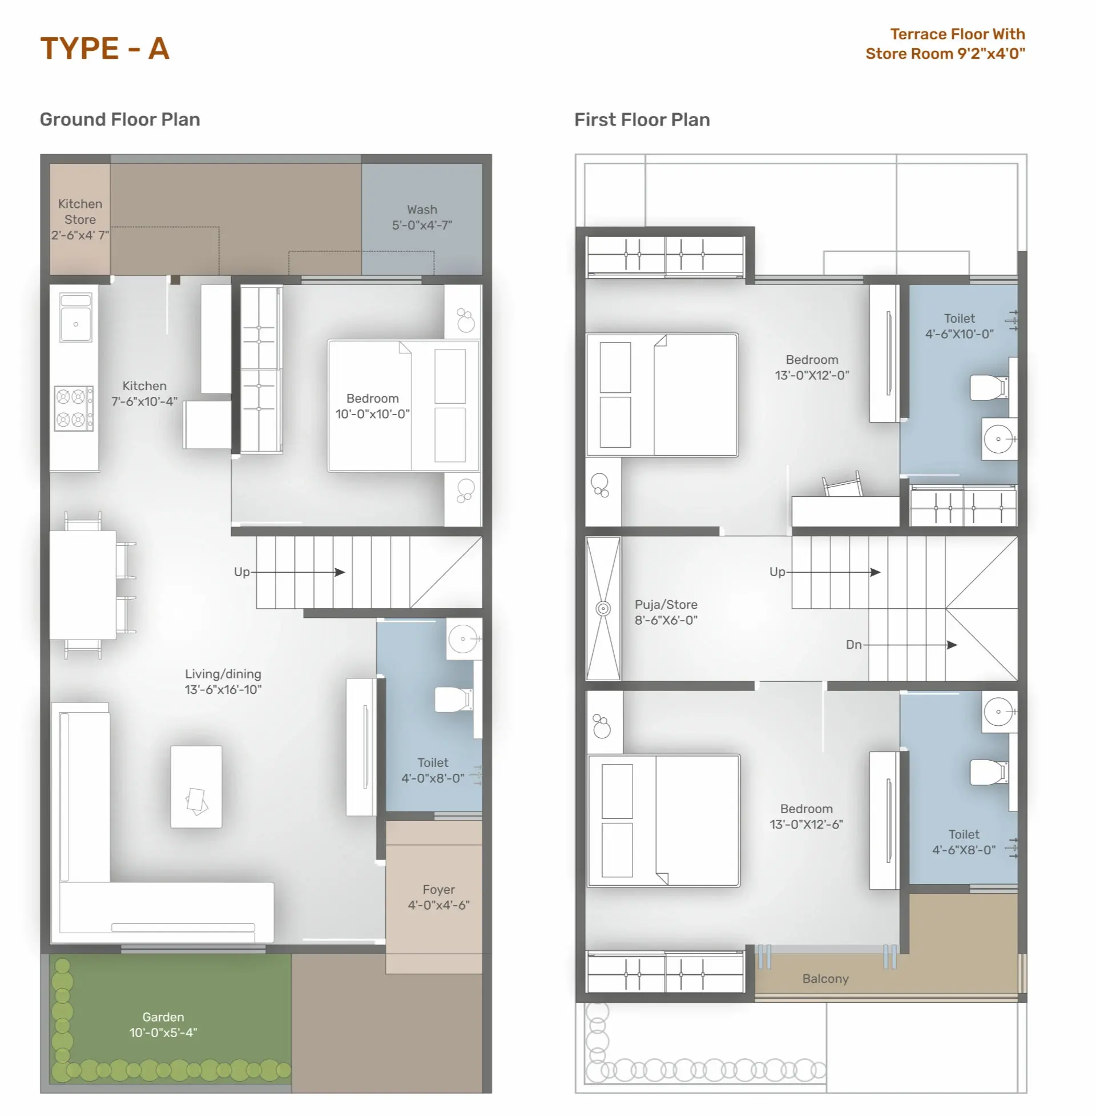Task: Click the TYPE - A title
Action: pyautogui.click(x=105, y=49)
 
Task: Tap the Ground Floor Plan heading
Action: pyautogui.click(x=120, y=119)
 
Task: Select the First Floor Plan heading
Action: pyautogui.click(x=642, y=119)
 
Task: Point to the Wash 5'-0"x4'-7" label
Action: pyautogui.click(x=422, y=217)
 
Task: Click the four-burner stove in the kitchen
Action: pyautogui.click(x=74, y=408)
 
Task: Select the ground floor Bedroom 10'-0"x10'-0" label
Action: pyautogui.click(x=372, y=406)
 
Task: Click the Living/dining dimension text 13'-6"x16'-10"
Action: pyautogui.click(x=223, y=689)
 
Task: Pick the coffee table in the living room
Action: pyautogui.click(x=196, y=786)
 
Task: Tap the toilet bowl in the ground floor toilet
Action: pyautogui.click(x=453, y=699)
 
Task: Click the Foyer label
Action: pyautogui.click(x=438, y=890)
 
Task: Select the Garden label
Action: pyautogui.click(x=163, y=1017)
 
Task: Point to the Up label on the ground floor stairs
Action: pyautogui.click(x=242, y=572)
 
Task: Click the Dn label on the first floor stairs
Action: pyautogui.click(x=853, y=644)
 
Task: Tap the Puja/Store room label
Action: pyautogui.click(x=666, y=605)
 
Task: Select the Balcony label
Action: pyautogui.click(x=825, y=979)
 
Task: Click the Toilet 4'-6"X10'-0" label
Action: pyautogui.click(x=960, y=326)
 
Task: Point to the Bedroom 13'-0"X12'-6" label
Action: pyautogui.click(x=807, y=817)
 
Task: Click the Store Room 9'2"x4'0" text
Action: pyautogui.click(x=945, y=54)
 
